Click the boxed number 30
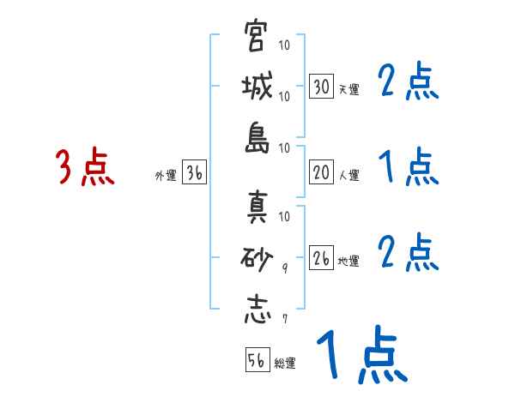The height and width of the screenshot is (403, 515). [321, 87]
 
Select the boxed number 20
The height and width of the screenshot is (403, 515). [321, 173]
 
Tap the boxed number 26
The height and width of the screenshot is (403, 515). [321, 258]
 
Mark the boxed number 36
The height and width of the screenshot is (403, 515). [194, 173]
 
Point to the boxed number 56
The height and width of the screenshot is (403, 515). [257, 360]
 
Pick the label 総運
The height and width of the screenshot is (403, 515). [285, 363]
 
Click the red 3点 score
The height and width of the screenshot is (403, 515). [85, 167]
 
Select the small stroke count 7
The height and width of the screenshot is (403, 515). [284, 320]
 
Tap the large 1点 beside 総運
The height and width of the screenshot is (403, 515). [360, 356]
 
